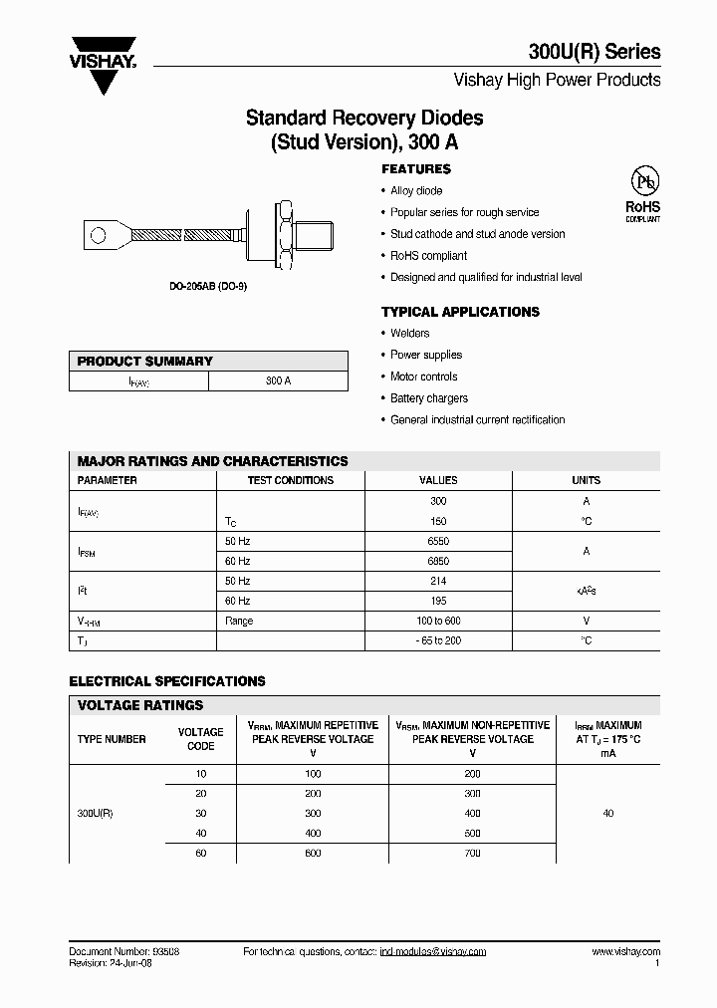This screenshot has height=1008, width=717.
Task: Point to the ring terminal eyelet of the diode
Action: point(99,236)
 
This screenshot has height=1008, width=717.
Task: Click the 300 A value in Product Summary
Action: point(279,381)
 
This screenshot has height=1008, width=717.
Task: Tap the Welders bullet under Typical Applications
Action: point(409,333)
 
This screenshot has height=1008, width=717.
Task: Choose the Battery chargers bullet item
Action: point(428,398)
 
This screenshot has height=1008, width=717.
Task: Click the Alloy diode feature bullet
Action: point(415,190)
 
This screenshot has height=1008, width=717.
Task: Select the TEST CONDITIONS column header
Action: point(290,480)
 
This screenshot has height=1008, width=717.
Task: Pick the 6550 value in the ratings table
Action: point(438,541)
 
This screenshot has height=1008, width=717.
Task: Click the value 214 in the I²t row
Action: point(438,581)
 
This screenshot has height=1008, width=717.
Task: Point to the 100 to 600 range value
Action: point(438,621)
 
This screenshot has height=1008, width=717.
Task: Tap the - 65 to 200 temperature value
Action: point(438,640)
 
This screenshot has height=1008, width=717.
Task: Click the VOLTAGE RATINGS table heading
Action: point(140,705)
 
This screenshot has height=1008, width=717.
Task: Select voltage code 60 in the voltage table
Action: point(200,853)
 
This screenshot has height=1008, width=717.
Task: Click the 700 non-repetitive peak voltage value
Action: point(472,853)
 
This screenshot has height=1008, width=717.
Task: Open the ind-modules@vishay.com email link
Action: point(432,952)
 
